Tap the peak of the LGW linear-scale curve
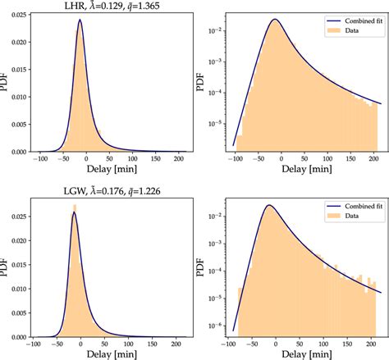click(74, 212)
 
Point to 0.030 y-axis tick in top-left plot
click(17, 17)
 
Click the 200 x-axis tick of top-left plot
click(172, 162)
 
